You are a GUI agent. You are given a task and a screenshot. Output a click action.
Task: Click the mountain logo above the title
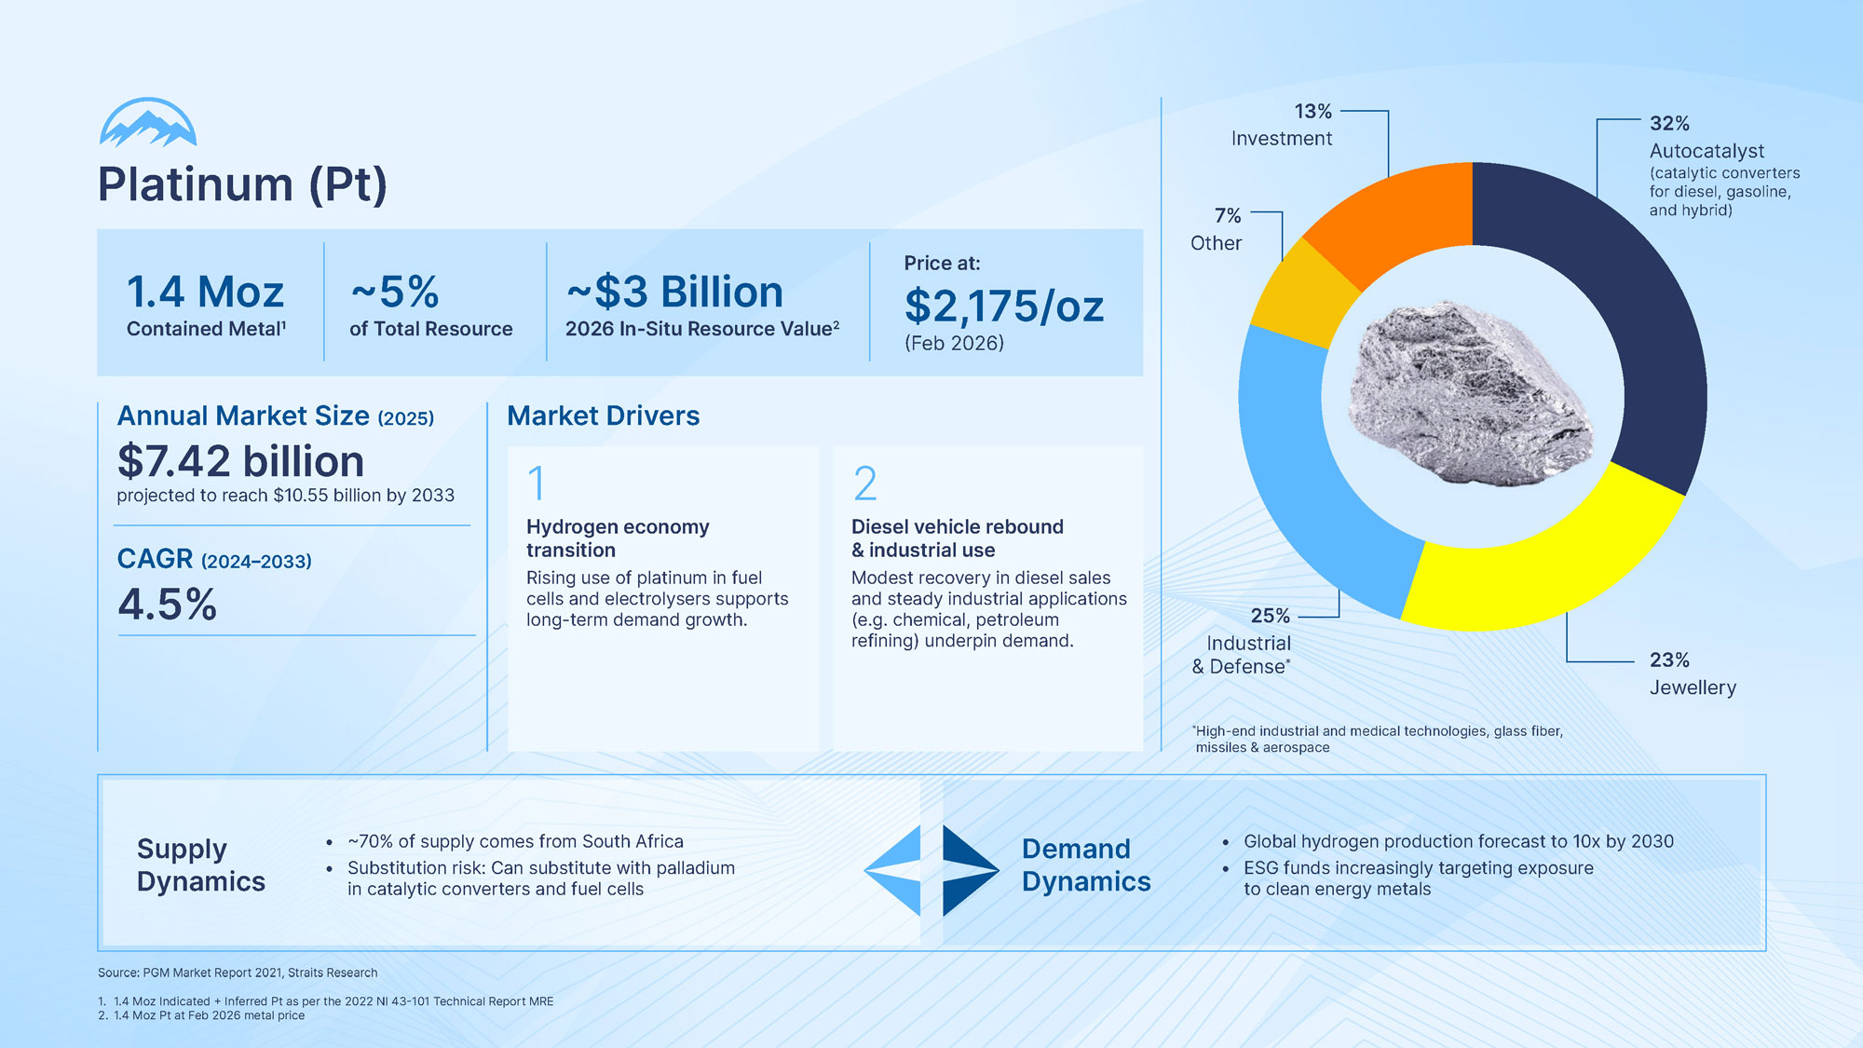click(148, 123)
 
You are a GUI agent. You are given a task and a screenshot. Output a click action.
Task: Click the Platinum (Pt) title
click(242, 184)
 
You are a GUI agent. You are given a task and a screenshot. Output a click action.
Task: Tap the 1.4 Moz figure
click(205, 293)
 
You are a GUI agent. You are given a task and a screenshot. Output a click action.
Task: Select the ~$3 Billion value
click(675, 293)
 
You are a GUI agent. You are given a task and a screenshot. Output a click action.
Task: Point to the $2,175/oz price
click(1003, 306)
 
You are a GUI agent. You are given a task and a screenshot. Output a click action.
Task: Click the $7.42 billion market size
click(240, 462)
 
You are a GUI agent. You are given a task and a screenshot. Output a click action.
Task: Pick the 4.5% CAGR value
click(168, 605)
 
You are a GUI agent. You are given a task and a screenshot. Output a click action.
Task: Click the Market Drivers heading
click(603, 415)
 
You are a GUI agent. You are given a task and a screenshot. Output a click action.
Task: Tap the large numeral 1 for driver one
click(536, 483)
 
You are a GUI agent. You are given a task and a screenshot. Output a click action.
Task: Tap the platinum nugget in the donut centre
click(1467, 396)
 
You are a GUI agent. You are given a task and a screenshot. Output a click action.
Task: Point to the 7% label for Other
click(1228, 216)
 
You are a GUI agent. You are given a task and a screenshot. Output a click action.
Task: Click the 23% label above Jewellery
click(1669, 660)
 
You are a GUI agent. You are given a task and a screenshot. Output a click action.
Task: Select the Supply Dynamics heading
click(201, 864)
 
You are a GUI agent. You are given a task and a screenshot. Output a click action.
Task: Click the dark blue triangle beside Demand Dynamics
click(967, 870)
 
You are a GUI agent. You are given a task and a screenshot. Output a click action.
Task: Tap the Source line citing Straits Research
click(238, 973)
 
